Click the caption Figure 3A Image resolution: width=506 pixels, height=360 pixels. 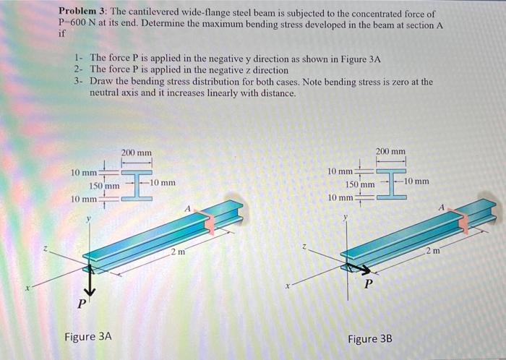click(88, 336)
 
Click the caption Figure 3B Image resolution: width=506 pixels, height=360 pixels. click(372, 339)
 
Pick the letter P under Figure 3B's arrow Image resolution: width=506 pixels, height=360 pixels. click(369, 285)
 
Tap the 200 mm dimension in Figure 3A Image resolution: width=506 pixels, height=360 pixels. click(137, 153)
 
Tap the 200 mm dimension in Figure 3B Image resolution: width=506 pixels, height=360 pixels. click(391, 151)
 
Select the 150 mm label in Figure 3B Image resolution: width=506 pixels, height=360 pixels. click(359, 185)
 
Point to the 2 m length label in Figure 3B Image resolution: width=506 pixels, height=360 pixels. click(432, 250)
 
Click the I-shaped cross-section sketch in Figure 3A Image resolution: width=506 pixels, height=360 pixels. click(135, 184)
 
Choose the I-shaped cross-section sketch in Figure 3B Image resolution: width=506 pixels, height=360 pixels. click(390, 182)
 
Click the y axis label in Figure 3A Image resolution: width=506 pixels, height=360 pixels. click(90, 217)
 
